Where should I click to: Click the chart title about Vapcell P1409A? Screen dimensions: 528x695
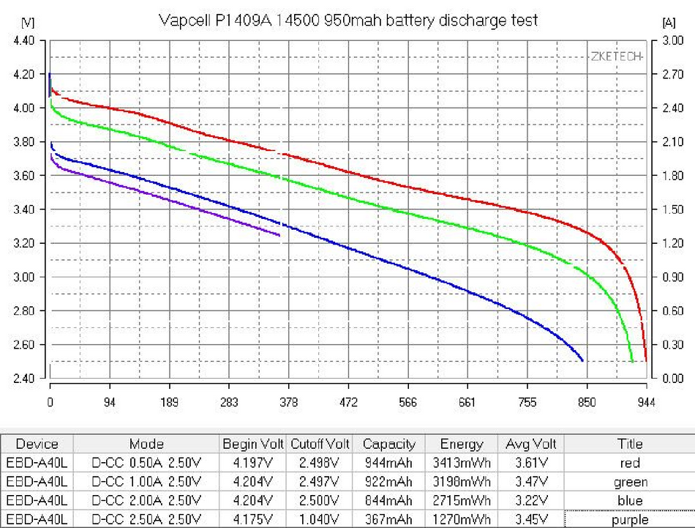click(347, 20)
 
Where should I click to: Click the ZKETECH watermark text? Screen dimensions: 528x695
click(615, 57)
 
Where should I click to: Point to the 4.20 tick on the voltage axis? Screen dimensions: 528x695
click(24, 75)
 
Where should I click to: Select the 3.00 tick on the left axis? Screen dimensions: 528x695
click(24, 277)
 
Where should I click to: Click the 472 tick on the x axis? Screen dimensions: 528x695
click(348, 402)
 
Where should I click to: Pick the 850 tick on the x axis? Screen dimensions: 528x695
click(587, 402)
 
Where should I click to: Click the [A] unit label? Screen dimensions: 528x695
click(667, 22)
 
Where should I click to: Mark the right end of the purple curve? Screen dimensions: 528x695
click(279, 235)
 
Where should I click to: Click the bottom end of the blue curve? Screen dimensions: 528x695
click(582, 360)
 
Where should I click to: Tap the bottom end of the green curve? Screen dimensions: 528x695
click(632, 361)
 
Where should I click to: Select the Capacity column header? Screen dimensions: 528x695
click(388, 444)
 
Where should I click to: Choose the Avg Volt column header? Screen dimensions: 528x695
click(530, 444)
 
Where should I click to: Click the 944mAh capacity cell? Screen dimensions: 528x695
click(388, 463)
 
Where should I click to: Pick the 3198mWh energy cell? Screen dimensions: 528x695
click(461, 482)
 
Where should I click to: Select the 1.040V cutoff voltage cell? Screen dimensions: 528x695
click(320, 520)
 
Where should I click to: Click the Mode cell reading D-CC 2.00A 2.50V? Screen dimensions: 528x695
click(146, 501)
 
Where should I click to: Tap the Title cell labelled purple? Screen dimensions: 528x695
click(630, 520)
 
